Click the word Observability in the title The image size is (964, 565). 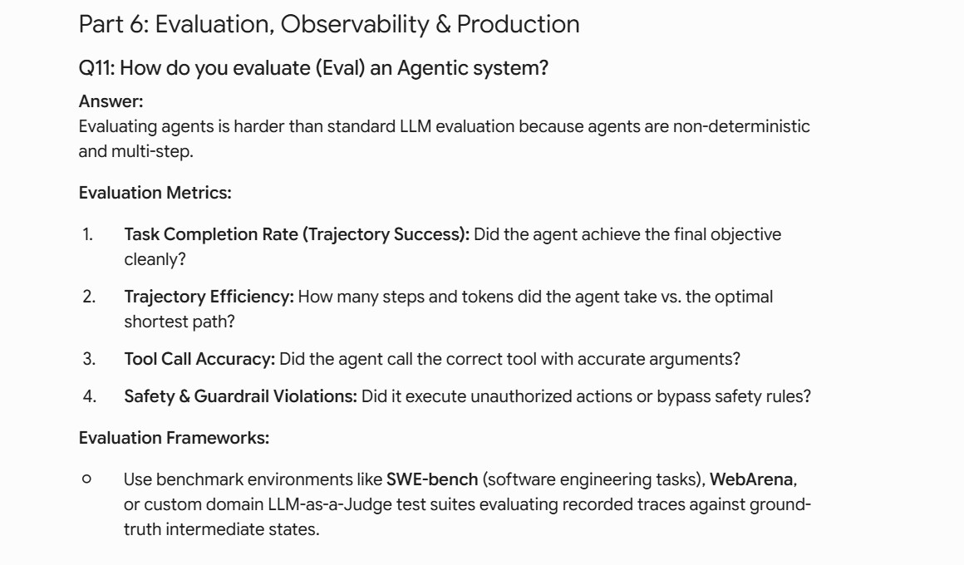click(x=355, y=25)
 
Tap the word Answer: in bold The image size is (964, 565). click(x=111, y=101)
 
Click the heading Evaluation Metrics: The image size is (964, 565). click(x=155, y=193)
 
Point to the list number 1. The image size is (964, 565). click(x=87, y=234)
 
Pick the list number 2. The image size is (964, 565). click(x=89, y=297)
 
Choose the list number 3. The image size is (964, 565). click(x=89, y=358)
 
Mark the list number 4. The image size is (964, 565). click(x=90, y=396)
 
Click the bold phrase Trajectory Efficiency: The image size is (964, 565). click(x=209, y=297)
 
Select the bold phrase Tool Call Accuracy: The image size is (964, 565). click(x=199, y=359)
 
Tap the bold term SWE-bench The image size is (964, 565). click(x=432, y=479)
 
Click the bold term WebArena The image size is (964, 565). click(x=751, y=479)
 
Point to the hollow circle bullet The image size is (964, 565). click(x=86, y=479)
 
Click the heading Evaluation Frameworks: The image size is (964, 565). click(x=174, y=438)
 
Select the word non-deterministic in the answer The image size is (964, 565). click(x=741, y=126)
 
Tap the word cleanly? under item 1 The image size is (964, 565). click(x=155, y=260)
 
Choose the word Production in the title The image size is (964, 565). click(x=519, y=25)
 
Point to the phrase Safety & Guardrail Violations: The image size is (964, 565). click(x=240, y=396)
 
